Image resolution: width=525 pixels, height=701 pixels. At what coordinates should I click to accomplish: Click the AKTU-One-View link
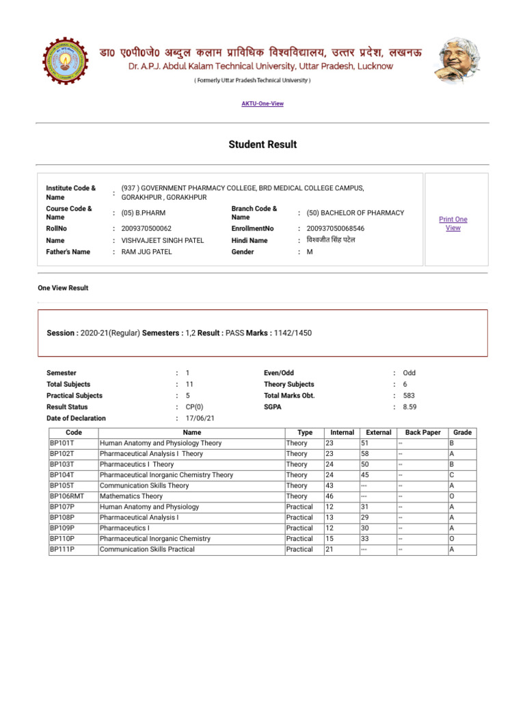262,104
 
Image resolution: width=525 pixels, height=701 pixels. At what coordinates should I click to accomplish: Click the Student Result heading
262,144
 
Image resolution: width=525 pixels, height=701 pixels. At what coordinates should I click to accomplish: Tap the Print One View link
453,224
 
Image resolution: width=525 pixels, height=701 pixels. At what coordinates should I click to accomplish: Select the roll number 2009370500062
146,229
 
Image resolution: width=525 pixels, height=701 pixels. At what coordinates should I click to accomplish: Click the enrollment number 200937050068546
336,229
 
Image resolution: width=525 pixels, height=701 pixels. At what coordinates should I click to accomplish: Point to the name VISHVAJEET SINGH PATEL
162,241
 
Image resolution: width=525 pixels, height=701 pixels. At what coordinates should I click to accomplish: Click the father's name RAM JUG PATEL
146,252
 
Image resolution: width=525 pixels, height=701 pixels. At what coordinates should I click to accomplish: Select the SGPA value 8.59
409,407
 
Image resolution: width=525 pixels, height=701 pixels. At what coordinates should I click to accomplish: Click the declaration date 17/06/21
200,418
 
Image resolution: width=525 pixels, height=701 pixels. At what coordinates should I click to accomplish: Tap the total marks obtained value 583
409,396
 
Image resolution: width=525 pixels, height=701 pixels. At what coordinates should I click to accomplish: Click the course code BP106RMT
66,496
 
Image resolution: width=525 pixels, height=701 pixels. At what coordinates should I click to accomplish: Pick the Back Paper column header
422,433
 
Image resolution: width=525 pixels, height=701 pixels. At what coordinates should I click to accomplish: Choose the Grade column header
462,433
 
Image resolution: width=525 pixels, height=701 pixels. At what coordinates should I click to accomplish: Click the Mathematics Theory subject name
131,496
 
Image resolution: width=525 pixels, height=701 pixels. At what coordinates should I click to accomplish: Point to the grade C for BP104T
452,475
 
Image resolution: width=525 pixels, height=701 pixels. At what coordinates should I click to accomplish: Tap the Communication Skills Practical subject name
147,550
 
